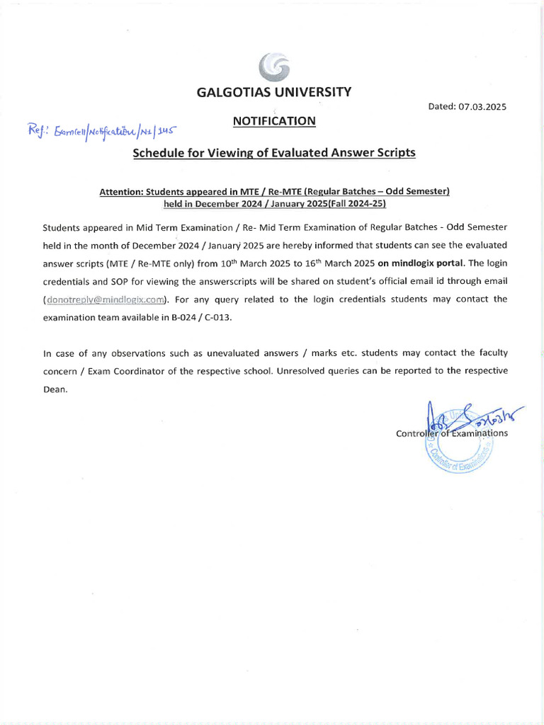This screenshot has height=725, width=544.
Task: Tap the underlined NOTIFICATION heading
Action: [274, 121]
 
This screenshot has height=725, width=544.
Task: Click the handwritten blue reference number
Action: [100, 131]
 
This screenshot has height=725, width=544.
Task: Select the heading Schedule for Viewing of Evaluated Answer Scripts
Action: [274, 153]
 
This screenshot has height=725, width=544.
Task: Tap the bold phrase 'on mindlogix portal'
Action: [421, 263]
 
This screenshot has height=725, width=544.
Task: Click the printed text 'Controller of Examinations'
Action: [452, 433]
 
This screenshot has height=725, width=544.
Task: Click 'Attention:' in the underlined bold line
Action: [121, 192]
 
